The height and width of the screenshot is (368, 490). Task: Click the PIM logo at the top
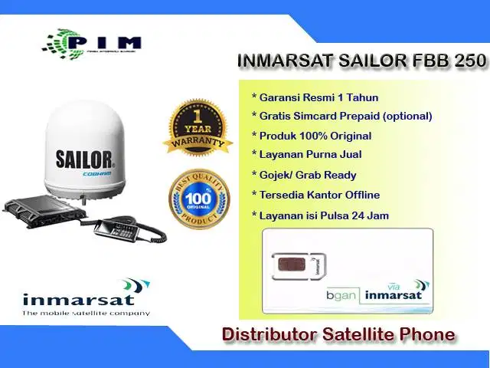92,42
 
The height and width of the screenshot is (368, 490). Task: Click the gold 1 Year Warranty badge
198,127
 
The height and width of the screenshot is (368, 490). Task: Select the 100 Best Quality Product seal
199,199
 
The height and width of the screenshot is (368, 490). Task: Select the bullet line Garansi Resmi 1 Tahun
315,97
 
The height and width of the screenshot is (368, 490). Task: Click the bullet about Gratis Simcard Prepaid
341,116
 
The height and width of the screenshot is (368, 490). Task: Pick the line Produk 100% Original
312,136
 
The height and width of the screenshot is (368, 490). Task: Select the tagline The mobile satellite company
85,313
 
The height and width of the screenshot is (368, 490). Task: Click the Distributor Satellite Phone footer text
338,334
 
